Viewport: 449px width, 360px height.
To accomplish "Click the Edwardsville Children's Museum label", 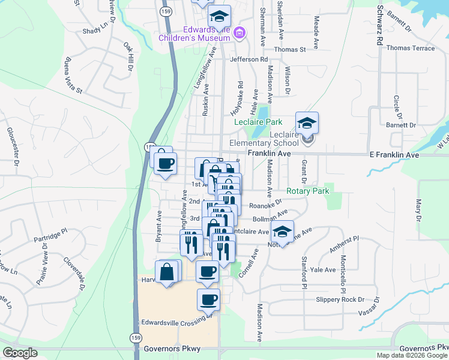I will (x=195, y=34).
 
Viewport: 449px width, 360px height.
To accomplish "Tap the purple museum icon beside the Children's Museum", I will (x=240, y=32).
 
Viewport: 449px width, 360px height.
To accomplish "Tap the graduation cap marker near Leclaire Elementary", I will (x=307, y=124).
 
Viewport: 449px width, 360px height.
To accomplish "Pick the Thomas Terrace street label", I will (x=411, y=48).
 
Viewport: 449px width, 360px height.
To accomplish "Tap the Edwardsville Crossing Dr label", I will (x=177, y=322).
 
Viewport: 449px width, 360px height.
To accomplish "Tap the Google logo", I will (x=20, y=352).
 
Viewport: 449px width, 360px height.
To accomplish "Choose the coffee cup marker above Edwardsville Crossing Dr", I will (x=208, y=299).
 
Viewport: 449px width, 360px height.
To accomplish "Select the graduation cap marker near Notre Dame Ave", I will (x=282, y=232).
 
